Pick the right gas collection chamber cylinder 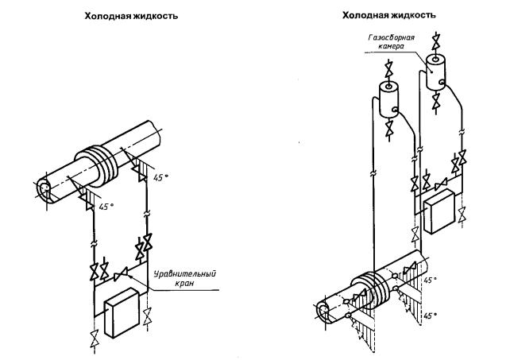435,72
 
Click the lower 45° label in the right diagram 429,315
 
